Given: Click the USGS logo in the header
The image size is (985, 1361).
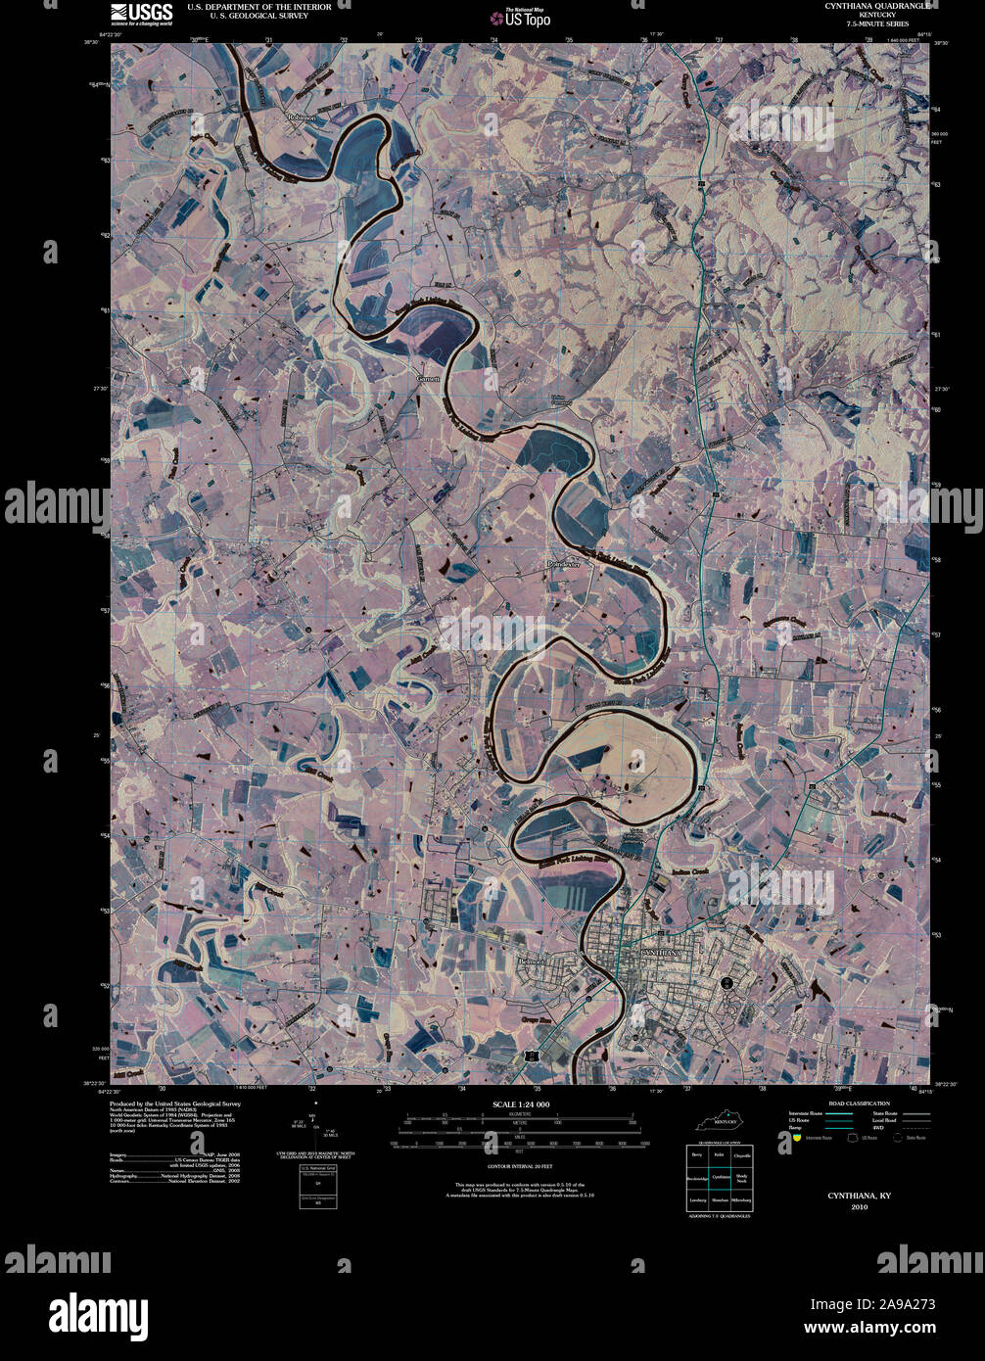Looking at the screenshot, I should [x=141, y=13].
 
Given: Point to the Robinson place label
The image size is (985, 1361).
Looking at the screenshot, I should [x=302, y=117].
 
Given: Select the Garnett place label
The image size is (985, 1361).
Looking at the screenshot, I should [x=429, y=377].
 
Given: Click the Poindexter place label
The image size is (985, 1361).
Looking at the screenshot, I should [x=565, y=565].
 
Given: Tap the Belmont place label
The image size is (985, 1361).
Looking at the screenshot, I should [x=530, y=962].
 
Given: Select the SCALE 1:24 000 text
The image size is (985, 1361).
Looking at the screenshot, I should [x=521, y=1104].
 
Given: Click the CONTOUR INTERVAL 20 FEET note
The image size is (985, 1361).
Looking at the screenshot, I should [x=520, y=1167].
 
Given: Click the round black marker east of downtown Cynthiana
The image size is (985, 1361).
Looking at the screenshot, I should [x=727, y=982].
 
